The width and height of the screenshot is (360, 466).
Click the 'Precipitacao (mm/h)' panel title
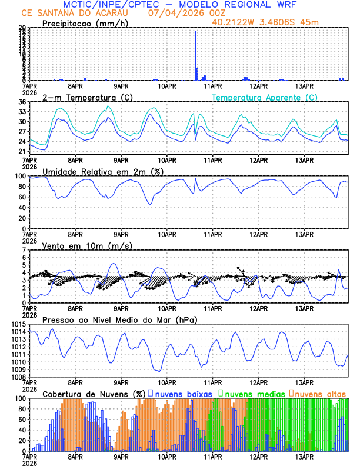click(85, 24)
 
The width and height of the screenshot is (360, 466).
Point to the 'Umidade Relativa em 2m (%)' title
click(103, 171)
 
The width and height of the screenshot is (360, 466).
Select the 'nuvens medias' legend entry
click(253, 394)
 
